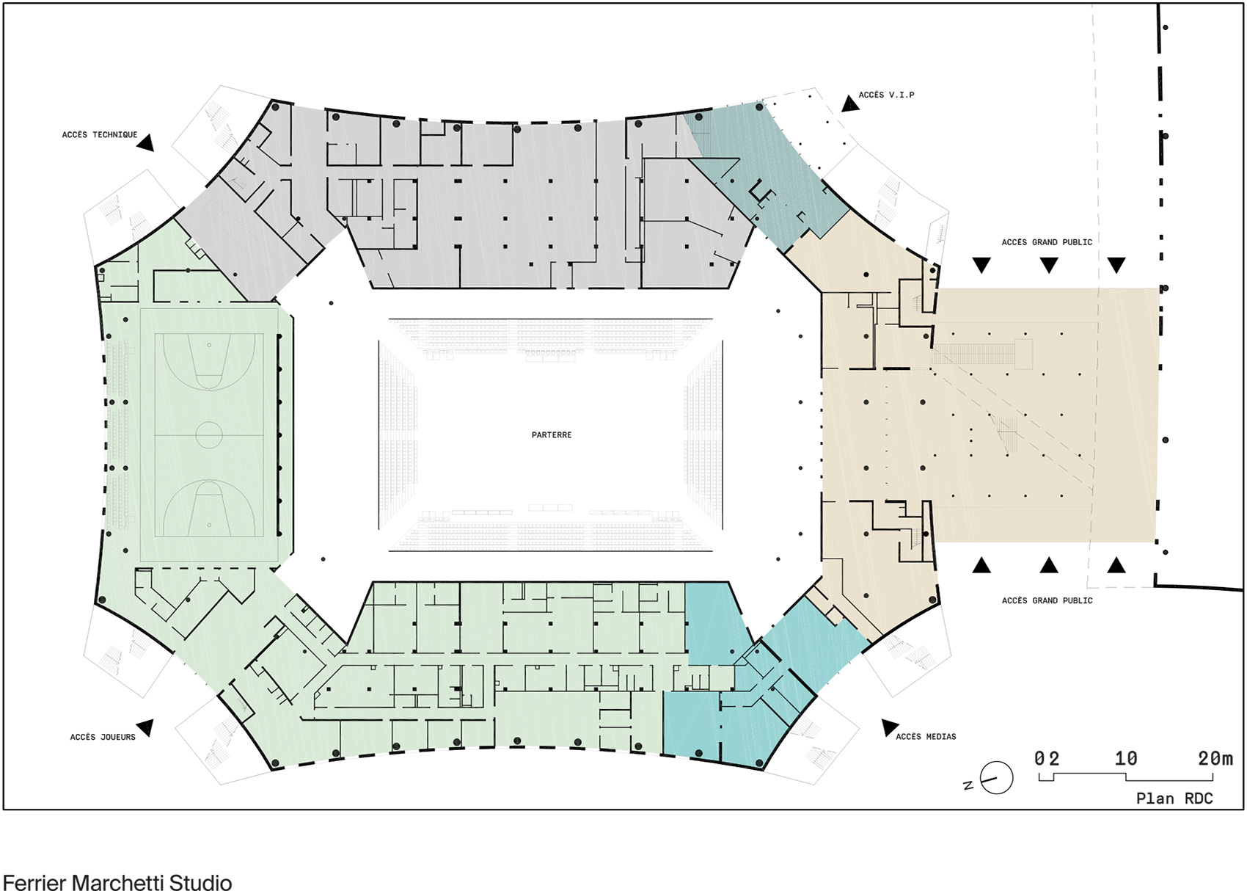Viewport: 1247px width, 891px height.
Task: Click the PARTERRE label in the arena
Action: click(x=551, y=435)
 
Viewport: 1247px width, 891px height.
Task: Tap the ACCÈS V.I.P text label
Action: click(x=886, y=95)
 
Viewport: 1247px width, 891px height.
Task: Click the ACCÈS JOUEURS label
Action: click(x=103, y=737)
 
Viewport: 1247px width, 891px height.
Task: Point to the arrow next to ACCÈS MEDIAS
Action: click(x=890, y=727)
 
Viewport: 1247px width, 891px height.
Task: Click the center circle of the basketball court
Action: click(x=209, y=435)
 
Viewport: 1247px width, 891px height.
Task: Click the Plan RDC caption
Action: click(x=1174, y=799)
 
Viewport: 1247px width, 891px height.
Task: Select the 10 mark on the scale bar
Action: click(x=1126, y=758)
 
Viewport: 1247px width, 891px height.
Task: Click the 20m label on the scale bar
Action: click(x=1215, y=758)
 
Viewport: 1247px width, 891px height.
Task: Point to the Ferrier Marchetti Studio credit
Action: click(x=117, y=882)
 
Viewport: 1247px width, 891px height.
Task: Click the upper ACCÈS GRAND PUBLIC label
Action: click(x=1047, y=242)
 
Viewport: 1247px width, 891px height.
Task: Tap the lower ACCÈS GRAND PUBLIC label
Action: click(x=1047, y=601)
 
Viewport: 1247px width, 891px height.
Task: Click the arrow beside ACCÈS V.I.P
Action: click(x=849, y=103)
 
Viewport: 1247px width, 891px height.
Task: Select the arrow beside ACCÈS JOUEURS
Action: click(x=146, y=727)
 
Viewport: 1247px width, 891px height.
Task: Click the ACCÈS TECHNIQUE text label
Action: click(x=100, y=135)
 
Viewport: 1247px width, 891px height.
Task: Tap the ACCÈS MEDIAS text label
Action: click(x=926, y=737)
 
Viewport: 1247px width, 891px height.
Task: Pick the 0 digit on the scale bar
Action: click(x=1039, y=758)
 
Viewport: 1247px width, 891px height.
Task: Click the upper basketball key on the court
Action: click(x=209, y=360)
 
